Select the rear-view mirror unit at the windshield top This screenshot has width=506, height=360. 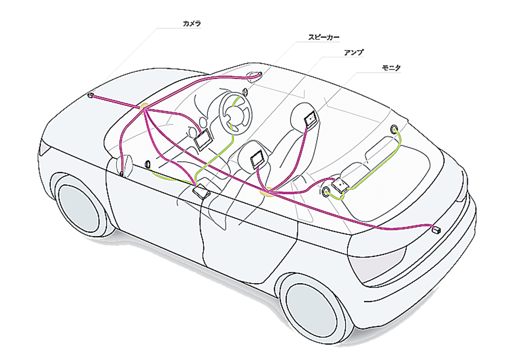pos(255,75)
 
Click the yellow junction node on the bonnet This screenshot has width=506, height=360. pos(145,107)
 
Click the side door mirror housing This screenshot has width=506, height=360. pos(124,164)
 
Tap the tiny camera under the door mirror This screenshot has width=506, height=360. pos(121,174)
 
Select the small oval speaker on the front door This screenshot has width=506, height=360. pos(148,164)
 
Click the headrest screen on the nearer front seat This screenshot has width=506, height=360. pos(258,159)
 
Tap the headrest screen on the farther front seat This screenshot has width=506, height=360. pos(311,115)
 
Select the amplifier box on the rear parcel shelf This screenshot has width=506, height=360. pos(341,187)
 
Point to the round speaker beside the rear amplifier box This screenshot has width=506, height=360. pos(326,191)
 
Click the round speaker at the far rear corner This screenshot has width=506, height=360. pos(394,129)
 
